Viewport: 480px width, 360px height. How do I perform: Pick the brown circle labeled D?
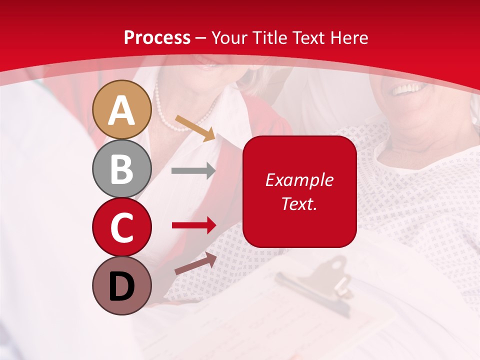point(121,285)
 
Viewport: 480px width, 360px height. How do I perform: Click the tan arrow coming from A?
point(195,128)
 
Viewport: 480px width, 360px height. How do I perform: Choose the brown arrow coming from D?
point(195,263)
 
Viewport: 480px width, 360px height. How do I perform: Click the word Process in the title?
point(157,37)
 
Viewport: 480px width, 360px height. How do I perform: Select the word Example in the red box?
point(299,180)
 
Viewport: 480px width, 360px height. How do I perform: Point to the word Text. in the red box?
point(299,203)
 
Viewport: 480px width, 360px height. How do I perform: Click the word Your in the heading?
point(229,37)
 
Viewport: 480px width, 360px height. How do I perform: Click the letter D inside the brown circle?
point(121,286)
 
